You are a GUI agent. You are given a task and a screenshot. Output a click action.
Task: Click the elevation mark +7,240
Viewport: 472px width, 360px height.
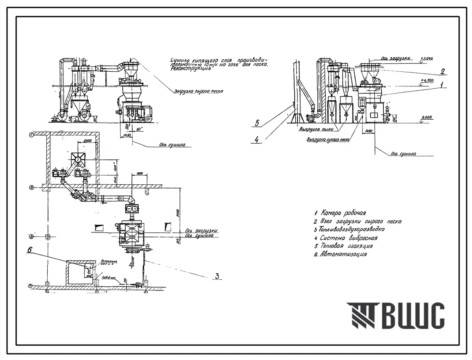[426, 59]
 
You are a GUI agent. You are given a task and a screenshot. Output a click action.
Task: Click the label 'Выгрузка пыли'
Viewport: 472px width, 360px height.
[316, 129]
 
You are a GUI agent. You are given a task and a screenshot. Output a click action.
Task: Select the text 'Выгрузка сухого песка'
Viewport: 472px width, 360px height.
[328, 140]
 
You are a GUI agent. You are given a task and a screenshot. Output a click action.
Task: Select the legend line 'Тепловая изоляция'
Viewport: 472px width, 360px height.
[347, 246]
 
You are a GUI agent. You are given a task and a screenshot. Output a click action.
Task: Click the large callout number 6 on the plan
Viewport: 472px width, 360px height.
[30, 250]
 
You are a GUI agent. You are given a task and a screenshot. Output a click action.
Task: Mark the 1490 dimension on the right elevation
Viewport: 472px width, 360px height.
[368, 131]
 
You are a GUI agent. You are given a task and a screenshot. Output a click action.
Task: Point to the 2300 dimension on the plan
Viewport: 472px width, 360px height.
[87, 141]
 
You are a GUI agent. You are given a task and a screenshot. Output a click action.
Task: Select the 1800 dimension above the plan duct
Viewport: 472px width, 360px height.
[138, 172]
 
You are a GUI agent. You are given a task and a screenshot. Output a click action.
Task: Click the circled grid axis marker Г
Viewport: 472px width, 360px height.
[31, 135]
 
